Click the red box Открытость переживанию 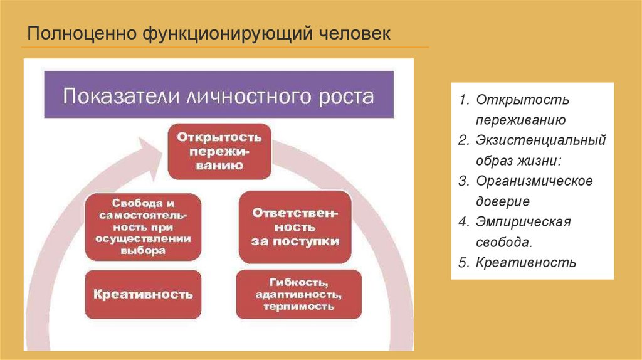tap(218, 151)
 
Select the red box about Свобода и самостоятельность tap(144, 227)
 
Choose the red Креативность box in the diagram tap(144, 294)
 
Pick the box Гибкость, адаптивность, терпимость tap(298, 294)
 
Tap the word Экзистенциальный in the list tap(540, 140)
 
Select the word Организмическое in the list tap(534, 181)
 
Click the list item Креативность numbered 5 tap(525, 262)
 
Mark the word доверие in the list tap(503, 201)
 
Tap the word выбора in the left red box tap(144, 250)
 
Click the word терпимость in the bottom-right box tap(298, 307)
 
